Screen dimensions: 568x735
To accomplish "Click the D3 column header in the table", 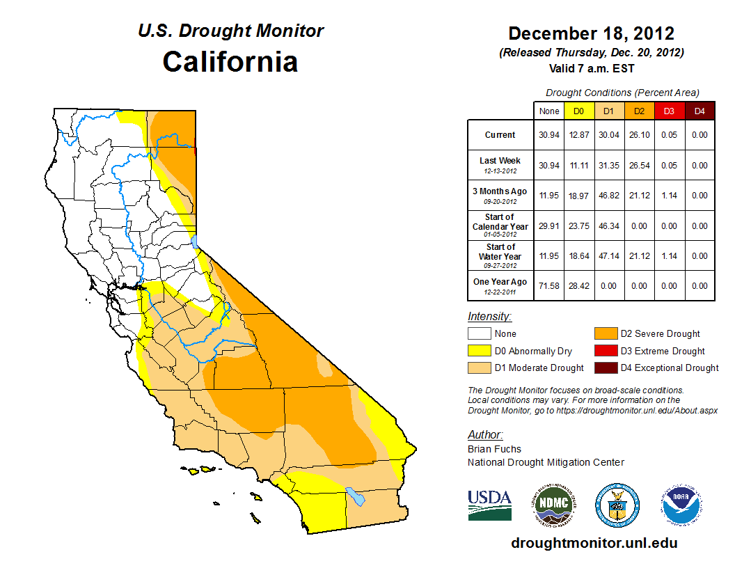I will coord(669,111).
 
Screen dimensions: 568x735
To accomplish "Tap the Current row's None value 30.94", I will coord(549,135).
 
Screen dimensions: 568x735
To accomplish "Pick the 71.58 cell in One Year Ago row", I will coord(549,286).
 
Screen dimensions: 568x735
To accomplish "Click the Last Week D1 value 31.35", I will coord(609,166).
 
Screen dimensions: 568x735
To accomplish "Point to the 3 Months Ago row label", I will coord(500,195).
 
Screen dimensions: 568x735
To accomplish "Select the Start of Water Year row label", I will coord(500,255).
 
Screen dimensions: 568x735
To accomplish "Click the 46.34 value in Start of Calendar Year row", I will coord(609,226).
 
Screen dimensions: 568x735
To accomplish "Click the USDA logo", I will coord(489,505).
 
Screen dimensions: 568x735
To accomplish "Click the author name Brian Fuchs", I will coord(494,449).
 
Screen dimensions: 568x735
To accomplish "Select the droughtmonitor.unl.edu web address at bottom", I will coord(594,543).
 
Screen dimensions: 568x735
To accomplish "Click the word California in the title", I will coord(230,62).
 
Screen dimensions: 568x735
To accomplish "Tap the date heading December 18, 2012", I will coord(591,33).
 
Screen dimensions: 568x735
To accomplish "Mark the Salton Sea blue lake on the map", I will coord(356,496).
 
